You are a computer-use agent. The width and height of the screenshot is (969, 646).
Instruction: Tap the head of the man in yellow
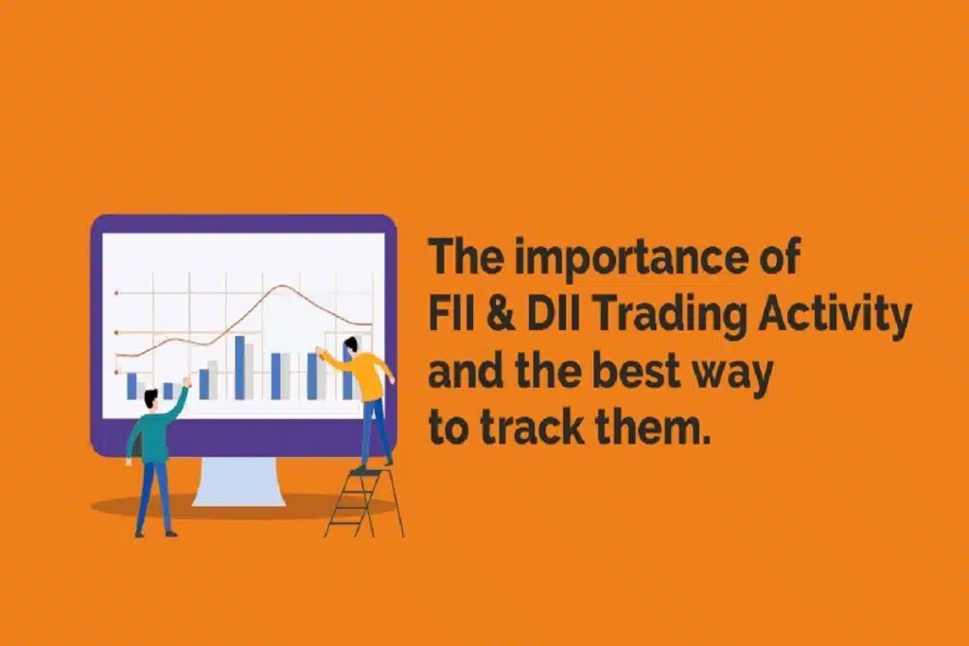(352, 345)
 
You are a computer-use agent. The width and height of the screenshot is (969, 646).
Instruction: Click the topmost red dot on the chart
(116, 294)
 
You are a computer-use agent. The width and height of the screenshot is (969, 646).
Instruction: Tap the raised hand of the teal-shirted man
(186, 382)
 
